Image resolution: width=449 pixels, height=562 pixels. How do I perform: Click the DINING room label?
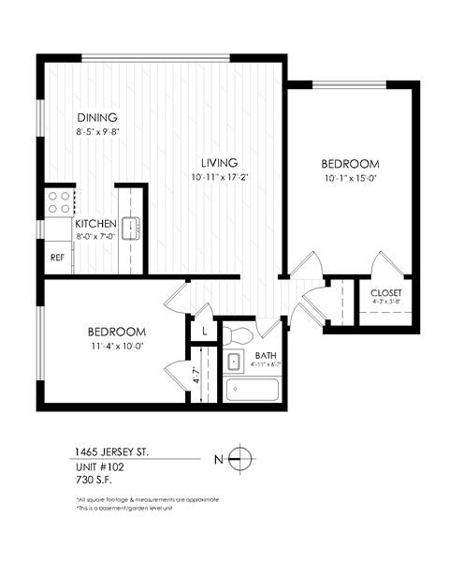96,118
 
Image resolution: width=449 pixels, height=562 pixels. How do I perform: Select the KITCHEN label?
95,224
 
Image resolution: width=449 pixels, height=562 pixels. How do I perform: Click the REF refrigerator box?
57,256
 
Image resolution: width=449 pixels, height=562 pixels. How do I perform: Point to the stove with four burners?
60,202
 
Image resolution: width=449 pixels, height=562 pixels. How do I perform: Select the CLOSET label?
385,292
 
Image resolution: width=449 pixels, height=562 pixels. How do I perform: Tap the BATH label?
265,356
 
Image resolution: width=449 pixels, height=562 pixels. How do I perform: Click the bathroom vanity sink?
235,362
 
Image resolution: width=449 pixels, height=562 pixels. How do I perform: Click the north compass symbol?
241,459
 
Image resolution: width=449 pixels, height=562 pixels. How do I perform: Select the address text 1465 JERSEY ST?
110,451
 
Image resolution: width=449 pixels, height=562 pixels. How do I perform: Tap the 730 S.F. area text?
94,480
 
